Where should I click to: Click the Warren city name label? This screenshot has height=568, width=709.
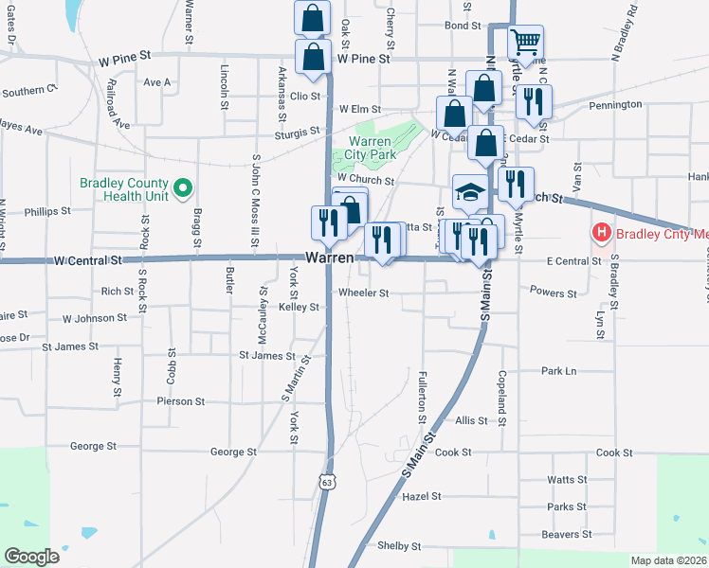pos(330,257)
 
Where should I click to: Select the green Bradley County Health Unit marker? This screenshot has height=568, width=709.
pos(185,189)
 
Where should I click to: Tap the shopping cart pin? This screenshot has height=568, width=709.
pos(525,42)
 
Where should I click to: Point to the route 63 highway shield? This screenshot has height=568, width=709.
pos(327,482)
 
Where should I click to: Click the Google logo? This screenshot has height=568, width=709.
pos(32,556)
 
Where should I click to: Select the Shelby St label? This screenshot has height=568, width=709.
pos(398,546)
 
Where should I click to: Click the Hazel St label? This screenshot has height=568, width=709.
pos(422,496)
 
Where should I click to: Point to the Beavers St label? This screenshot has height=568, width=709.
pos(567,534)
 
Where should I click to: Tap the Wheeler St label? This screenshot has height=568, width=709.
pos(364,293)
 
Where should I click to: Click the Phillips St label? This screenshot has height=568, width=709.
pos(48,212)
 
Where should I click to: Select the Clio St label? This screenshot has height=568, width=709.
pos(305,96)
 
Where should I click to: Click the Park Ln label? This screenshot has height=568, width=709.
pos(558,371)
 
